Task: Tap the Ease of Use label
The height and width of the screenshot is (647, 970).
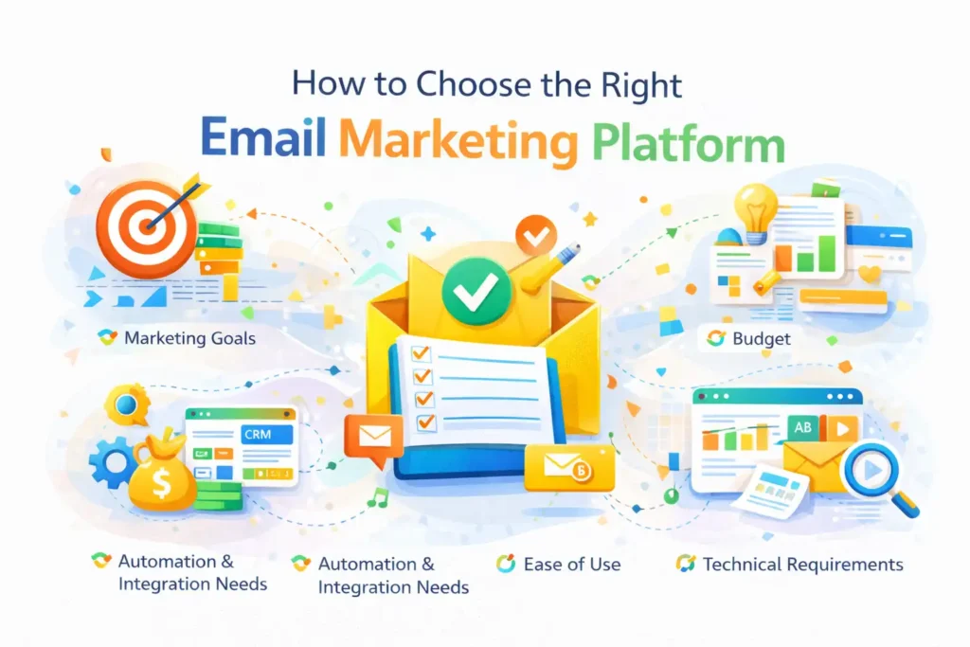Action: (571, 565)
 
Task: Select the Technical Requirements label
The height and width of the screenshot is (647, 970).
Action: (802, 565)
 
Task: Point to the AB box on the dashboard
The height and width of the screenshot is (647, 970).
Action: (801, 428)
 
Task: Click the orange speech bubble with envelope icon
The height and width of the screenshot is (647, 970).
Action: (372, 438)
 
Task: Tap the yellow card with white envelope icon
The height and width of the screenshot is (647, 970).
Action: (569, 467)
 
